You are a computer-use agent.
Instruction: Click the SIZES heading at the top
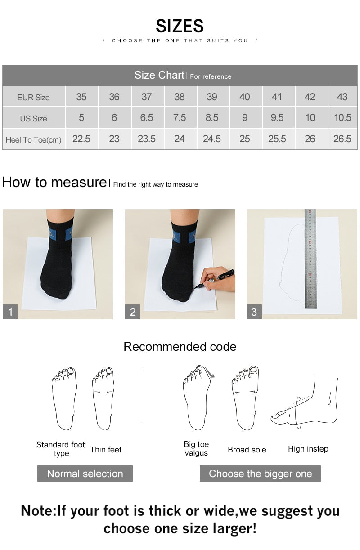click(x=180, y=26)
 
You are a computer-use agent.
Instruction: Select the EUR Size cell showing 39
click(x=212, y=97)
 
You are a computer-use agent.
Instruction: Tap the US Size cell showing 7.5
click(x=179, y=118)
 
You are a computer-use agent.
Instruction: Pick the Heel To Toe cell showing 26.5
click(x=342, y=139)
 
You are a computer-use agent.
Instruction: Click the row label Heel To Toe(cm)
click(x=33, y=140)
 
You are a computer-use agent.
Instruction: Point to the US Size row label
click(x=33, y=119)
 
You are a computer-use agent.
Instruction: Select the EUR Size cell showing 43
click(x=342, y=97)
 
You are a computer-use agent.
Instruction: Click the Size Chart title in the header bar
click(x=159, y=75)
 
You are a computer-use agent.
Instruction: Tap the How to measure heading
click(x=54, y=182)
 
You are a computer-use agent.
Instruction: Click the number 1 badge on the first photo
click(x=10, y=312)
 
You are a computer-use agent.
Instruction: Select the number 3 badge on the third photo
click(x=254, y=312)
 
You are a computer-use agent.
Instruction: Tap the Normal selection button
click(x=85, y=474)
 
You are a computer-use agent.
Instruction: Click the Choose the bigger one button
click(x=260, y=474)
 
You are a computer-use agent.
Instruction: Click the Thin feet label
click(x=106, y=449)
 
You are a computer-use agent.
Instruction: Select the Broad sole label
click(x=247, y=449)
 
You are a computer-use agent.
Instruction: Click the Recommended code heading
click(x=180, y=347)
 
